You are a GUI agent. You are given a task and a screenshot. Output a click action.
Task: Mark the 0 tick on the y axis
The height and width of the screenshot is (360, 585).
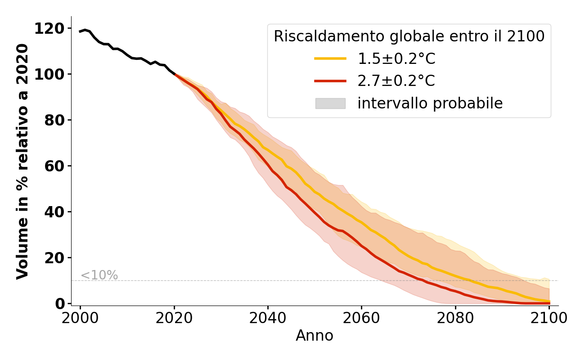point(60,304)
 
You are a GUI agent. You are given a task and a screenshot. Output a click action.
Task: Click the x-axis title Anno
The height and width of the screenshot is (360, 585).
point(315,336)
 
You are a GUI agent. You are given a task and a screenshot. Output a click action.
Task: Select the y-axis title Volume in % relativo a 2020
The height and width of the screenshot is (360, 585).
point(22,161)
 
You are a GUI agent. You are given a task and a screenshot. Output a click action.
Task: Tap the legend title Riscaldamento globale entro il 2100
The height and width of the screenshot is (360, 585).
point(409,36)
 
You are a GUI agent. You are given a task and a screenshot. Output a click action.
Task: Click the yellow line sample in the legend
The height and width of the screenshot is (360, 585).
point(330,58)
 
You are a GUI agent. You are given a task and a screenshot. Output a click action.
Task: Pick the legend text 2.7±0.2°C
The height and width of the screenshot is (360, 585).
point(396,81)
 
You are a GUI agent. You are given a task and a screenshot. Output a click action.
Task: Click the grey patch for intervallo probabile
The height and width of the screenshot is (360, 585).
point(330,103)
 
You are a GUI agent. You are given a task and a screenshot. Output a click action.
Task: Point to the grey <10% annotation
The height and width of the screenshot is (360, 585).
point(99,275)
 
